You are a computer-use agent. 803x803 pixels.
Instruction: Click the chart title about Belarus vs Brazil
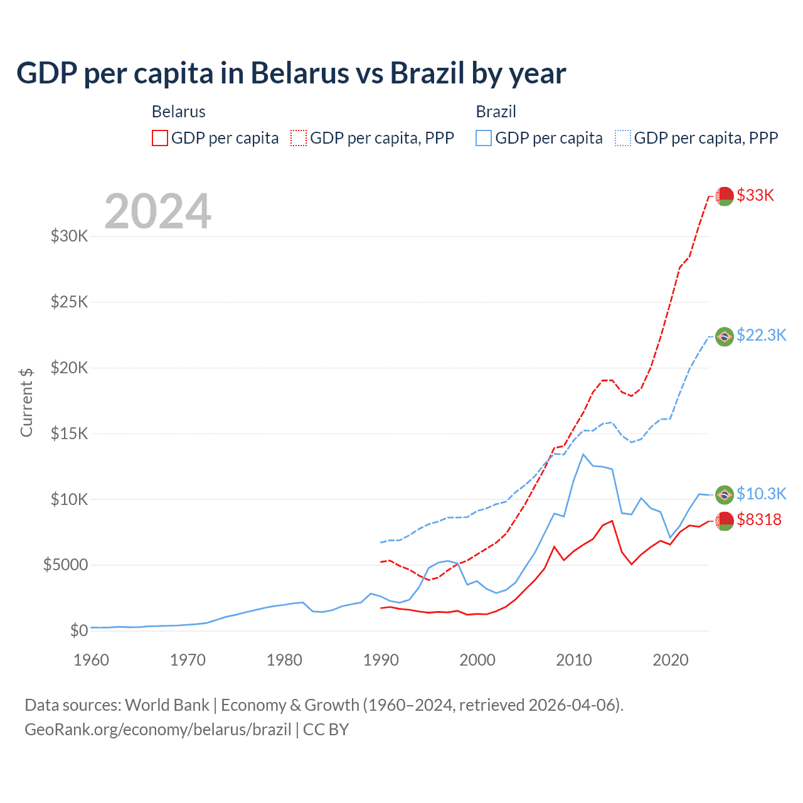[291, 73]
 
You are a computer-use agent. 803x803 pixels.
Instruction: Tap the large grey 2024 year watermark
[157, 211]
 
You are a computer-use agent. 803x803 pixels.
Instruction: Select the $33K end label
[755, 195]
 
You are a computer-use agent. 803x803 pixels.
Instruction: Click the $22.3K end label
[761, 335]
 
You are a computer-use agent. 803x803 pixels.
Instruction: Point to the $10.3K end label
[761, 494]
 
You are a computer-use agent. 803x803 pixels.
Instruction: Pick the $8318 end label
[759, 519]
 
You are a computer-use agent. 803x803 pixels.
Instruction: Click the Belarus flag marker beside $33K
[725, 196]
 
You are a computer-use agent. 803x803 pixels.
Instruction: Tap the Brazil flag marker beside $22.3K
[725, 336]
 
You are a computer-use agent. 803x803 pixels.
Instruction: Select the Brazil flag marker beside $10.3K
[725, 494]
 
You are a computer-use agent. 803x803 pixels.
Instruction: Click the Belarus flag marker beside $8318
[725, 520]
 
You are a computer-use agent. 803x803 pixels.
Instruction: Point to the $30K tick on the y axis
[69, 237]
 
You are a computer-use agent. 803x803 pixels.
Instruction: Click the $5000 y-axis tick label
[65, 565]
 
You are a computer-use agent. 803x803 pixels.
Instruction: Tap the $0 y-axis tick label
[78, 630]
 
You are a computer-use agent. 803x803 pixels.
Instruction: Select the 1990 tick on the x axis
[381, 660]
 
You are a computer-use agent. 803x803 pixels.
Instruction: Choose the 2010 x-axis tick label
[574, 660]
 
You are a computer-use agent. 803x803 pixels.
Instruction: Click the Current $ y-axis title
[26, 402]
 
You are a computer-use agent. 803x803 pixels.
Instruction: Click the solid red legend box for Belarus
[160, 138]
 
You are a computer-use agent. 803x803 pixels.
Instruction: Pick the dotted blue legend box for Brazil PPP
[623, 138]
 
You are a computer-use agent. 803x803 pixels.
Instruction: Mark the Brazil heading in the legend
[496, 112]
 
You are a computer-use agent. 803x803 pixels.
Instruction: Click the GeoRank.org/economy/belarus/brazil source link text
[158, 730]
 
